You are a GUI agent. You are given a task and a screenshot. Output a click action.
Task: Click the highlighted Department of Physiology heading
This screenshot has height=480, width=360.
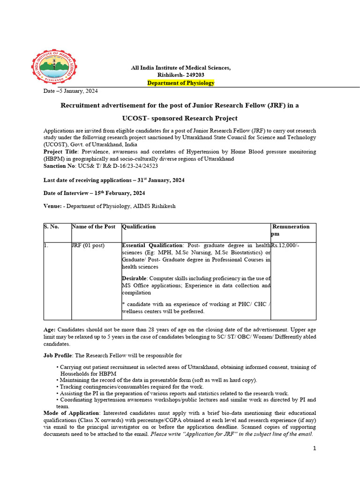point(180,83)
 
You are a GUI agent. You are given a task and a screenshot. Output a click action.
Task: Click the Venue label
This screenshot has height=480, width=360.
point(52,206)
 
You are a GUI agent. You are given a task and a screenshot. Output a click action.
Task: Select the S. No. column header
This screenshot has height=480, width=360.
point(51,227)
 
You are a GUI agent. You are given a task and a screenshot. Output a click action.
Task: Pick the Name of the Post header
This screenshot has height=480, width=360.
point(93,227)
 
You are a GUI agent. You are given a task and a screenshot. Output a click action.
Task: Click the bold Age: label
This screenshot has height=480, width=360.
point(50,330)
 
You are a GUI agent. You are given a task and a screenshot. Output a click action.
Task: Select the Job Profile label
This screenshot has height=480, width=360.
point(58,356)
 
